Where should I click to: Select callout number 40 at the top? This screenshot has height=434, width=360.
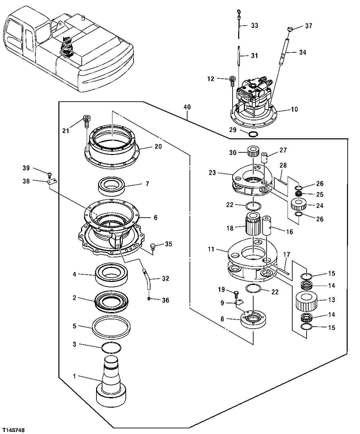pos(187,107)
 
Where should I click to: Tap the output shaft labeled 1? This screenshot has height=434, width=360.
pos(111,380)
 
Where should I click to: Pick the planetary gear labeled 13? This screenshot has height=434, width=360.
pos(306,301)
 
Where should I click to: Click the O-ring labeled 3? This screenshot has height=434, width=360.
pos(110,347)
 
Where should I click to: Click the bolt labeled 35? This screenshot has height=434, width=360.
pos(153,247)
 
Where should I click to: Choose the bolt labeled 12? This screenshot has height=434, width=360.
pos(232,81)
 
